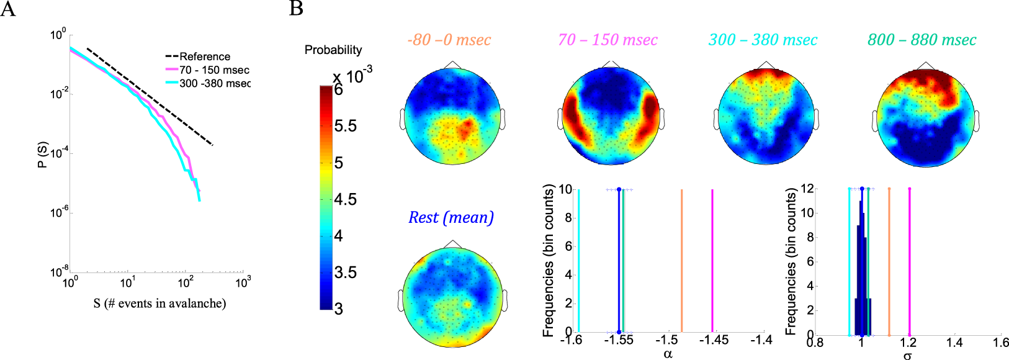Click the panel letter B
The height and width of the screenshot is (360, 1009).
coord(297,9)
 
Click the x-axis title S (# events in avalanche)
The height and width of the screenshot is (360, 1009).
coord(159,304)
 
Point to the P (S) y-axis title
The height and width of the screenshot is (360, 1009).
coord(42,155)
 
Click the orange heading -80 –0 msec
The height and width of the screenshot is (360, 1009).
coord(449,40)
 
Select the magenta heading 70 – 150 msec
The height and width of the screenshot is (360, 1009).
coord(608,40)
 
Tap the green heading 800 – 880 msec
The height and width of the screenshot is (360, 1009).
coord(922,40)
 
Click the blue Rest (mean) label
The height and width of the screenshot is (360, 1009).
coord(451,218)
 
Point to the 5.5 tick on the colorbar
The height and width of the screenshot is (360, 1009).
coord(346,127)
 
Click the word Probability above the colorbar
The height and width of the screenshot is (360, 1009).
coord(333,50)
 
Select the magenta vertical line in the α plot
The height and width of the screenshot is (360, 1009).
coord(712,261)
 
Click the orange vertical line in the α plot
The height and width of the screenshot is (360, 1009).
coord(682,261)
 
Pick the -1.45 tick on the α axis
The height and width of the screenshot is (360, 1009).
coord(714,340)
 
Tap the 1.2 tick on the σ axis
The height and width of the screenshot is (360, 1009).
coord(908,343)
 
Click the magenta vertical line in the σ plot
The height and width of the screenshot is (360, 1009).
coord(909,261)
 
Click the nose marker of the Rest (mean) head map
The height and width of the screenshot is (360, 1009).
coord(451,243)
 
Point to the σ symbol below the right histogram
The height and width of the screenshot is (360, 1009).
coord(907,356)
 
